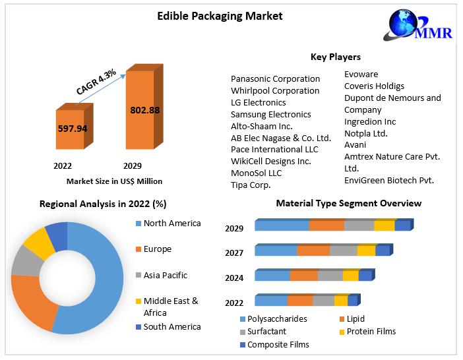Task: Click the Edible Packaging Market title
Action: coord(220,16)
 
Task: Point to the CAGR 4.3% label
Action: coord(96,81)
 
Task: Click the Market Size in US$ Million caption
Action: coord(114,181)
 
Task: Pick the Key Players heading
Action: coord(335,57)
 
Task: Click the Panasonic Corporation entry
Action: coord(275,79)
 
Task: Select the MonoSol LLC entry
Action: coord(256,173)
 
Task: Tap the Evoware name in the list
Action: coord(361,75)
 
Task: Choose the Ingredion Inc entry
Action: coord(370,121)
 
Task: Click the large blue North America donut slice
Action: coord(99,284)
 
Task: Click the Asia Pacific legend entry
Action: coord(165,275)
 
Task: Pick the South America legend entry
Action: coord(172,326)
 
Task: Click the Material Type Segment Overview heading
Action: coord(348,203)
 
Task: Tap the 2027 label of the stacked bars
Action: coord(234,253)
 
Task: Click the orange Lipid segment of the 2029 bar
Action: coord(326,225)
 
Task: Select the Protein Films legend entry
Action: coord(371,332)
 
